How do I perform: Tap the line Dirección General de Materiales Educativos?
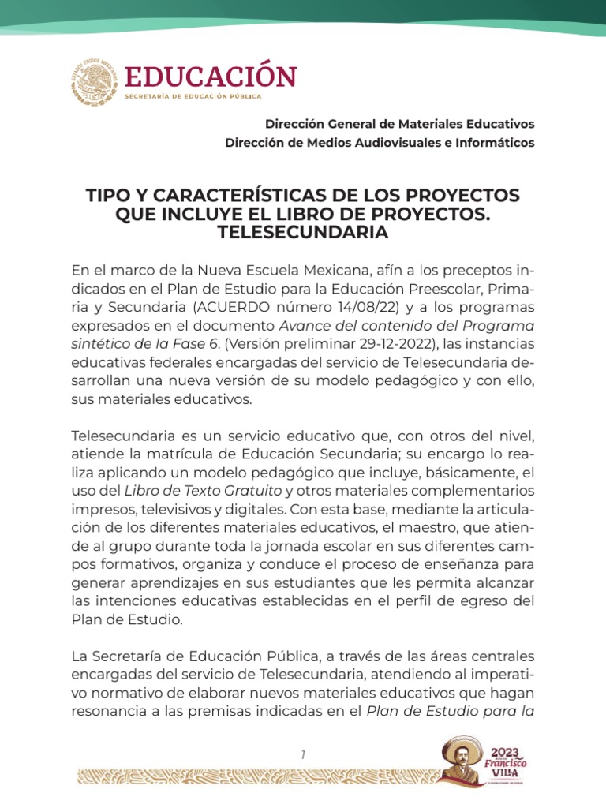click(399, 124)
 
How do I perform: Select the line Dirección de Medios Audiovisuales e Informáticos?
click(380, 143)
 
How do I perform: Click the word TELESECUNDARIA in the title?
click(303, 234)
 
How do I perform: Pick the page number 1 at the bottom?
click(303, 755)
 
